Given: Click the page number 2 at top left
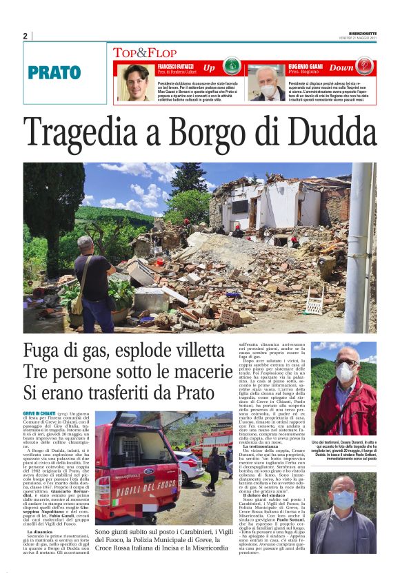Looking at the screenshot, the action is (x=25, y=36).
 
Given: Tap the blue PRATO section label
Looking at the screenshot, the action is (x=54, y=72).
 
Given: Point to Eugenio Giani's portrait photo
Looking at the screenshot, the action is (x=266, y=83).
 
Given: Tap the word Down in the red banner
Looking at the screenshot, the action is (x=341, y=68).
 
